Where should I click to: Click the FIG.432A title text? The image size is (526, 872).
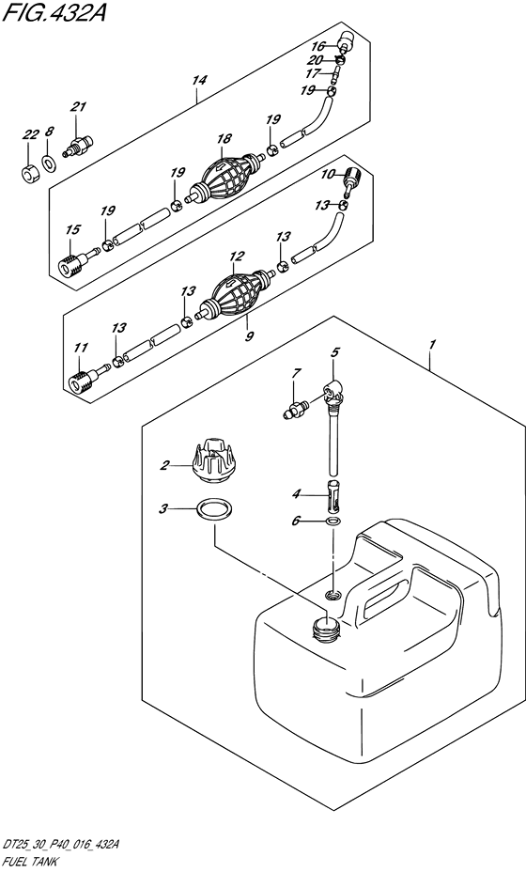(54, 11)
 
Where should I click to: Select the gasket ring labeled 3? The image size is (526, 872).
(214, 510)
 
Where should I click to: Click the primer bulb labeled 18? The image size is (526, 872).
(226, 175)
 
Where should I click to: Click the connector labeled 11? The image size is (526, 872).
(86, 377)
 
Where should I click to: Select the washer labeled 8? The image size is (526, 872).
(50, 163)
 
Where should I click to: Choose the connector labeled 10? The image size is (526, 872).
(351, 180)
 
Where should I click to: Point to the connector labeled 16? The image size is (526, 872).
(346, 42)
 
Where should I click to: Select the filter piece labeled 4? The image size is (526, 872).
(333, 494)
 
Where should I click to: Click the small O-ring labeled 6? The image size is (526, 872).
(333, 522)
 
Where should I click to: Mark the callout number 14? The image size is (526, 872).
(198, 81)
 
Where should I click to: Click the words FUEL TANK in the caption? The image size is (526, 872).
(25, 861)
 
